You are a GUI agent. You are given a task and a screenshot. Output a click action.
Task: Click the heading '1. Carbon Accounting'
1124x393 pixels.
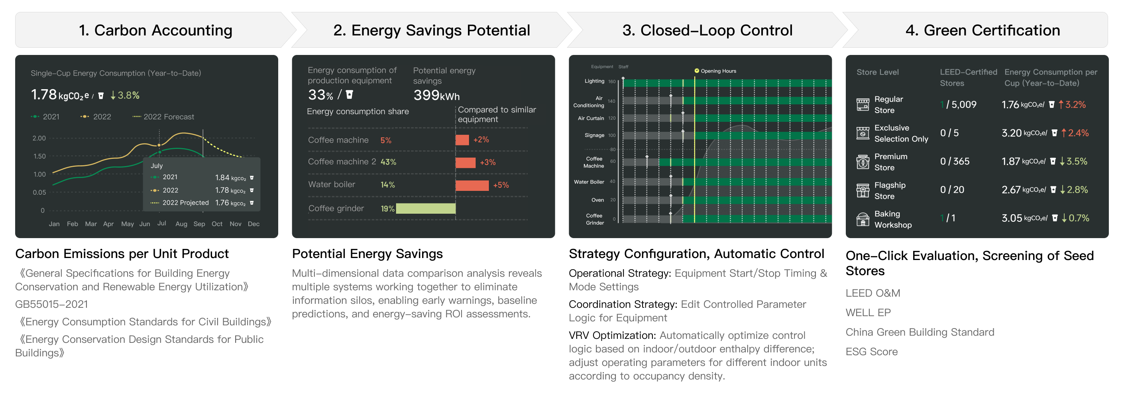[x=155, y=31]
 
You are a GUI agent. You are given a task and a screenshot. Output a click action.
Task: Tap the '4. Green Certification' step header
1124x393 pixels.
[x=982, y=31]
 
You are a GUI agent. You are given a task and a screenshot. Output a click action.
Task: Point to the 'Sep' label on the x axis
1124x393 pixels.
[x=199, y=224]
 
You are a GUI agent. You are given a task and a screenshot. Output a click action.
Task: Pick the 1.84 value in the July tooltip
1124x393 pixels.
[x=222, y=177]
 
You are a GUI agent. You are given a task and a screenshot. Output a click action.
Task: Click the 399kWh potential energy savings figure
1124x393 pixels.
[x=436, y=95]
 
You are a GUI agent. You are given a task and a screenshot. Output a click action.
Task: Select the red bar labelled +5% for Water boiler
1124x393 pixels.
[x=472, y=185]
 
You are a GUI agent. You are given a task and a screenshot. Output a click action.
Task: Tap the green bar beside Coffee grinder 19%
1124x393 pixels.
[x=425, y=208]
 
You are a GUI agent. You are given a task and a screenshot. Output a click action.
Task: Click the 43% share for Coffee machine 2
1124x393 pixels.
[x=388, y=162]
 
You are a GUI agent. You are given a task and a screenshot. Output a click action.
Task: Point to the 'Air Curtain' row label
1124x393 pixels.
[x=591, y=118]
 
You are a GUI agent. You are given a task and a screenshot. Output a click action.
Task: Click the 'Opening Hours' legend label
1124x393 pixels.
[x=718, y=71]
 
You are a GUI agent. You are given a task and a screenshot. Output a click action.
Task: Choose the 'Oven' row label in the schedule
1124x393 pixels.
[x=597, y=200]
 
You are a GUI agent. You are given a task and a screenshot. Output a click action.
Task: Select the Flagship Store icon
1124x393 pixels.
[x=863, y=190]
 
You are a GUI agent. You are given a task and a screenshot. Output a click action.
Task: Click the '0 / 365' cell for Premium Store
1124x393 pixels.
[x=955, y=162]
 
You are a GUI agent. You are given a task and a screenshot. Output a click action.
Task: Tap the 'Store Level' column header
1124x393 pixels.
[x=877, y=72]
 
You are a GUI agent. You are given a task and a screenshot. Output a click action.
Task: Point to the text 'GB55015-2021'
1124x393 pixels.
[x=51, y=304]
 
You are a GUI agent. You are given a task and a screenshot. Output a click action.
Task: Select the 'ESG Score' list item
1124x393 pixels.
[x=871, y=352]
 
